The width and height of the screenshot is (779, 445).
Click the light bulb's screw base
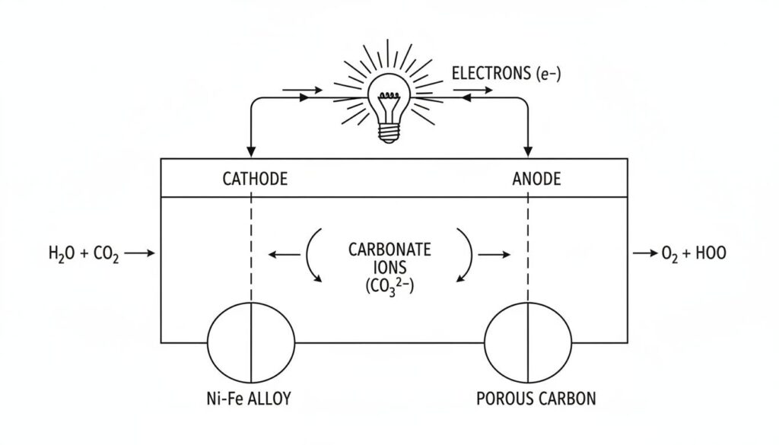tap(389, 132)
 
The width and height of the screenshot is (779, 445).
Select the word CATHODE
tap(255, 180)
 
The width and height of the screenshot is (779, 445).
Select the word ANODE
tap(536, 180)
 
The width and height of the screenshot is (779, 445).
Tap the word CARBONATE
tap(389, 249)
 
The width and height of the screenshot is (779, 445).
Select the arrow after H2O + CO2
tap(139, 254)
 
